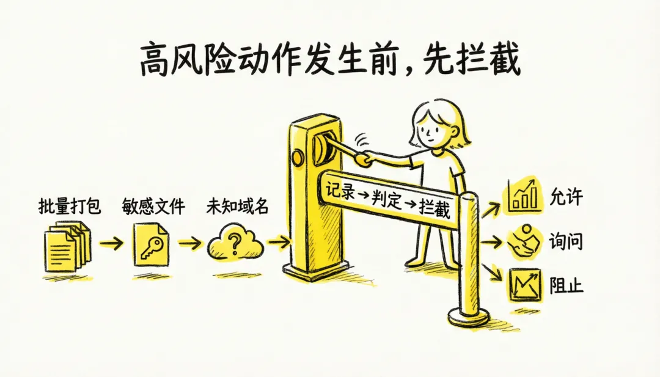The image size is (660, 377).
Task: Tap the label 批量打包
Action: pos(70,206)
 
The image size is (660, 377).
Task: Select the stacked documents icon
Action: pos(67,246)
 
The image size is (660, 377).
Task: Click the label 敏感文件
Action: pos(153,206)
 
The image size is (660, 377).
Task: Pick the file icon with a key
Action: pos(151,245)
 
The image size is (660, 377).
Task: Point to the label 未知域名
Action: pos(237,206)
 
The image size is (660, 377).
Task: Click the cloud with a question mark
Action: pos(235,243)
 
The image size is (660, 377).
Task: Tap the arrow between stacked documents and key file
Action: pos(111,243)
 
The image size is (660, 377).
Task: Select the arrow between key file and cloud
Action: pos(190,243)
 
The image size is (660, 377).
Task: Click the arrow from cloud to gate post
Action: pos(278,242)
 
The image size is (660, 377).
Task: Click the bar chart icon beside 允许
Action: pos(522,196)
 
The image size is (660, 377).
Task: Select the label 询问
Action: pos(566,241)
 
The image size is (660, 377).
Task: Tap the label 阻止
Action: pos(566,285)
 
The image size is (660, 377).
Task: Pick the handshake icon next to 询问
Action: pos(523,241)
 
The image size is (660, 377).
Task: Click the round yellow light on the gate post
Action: pos(298,158)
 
